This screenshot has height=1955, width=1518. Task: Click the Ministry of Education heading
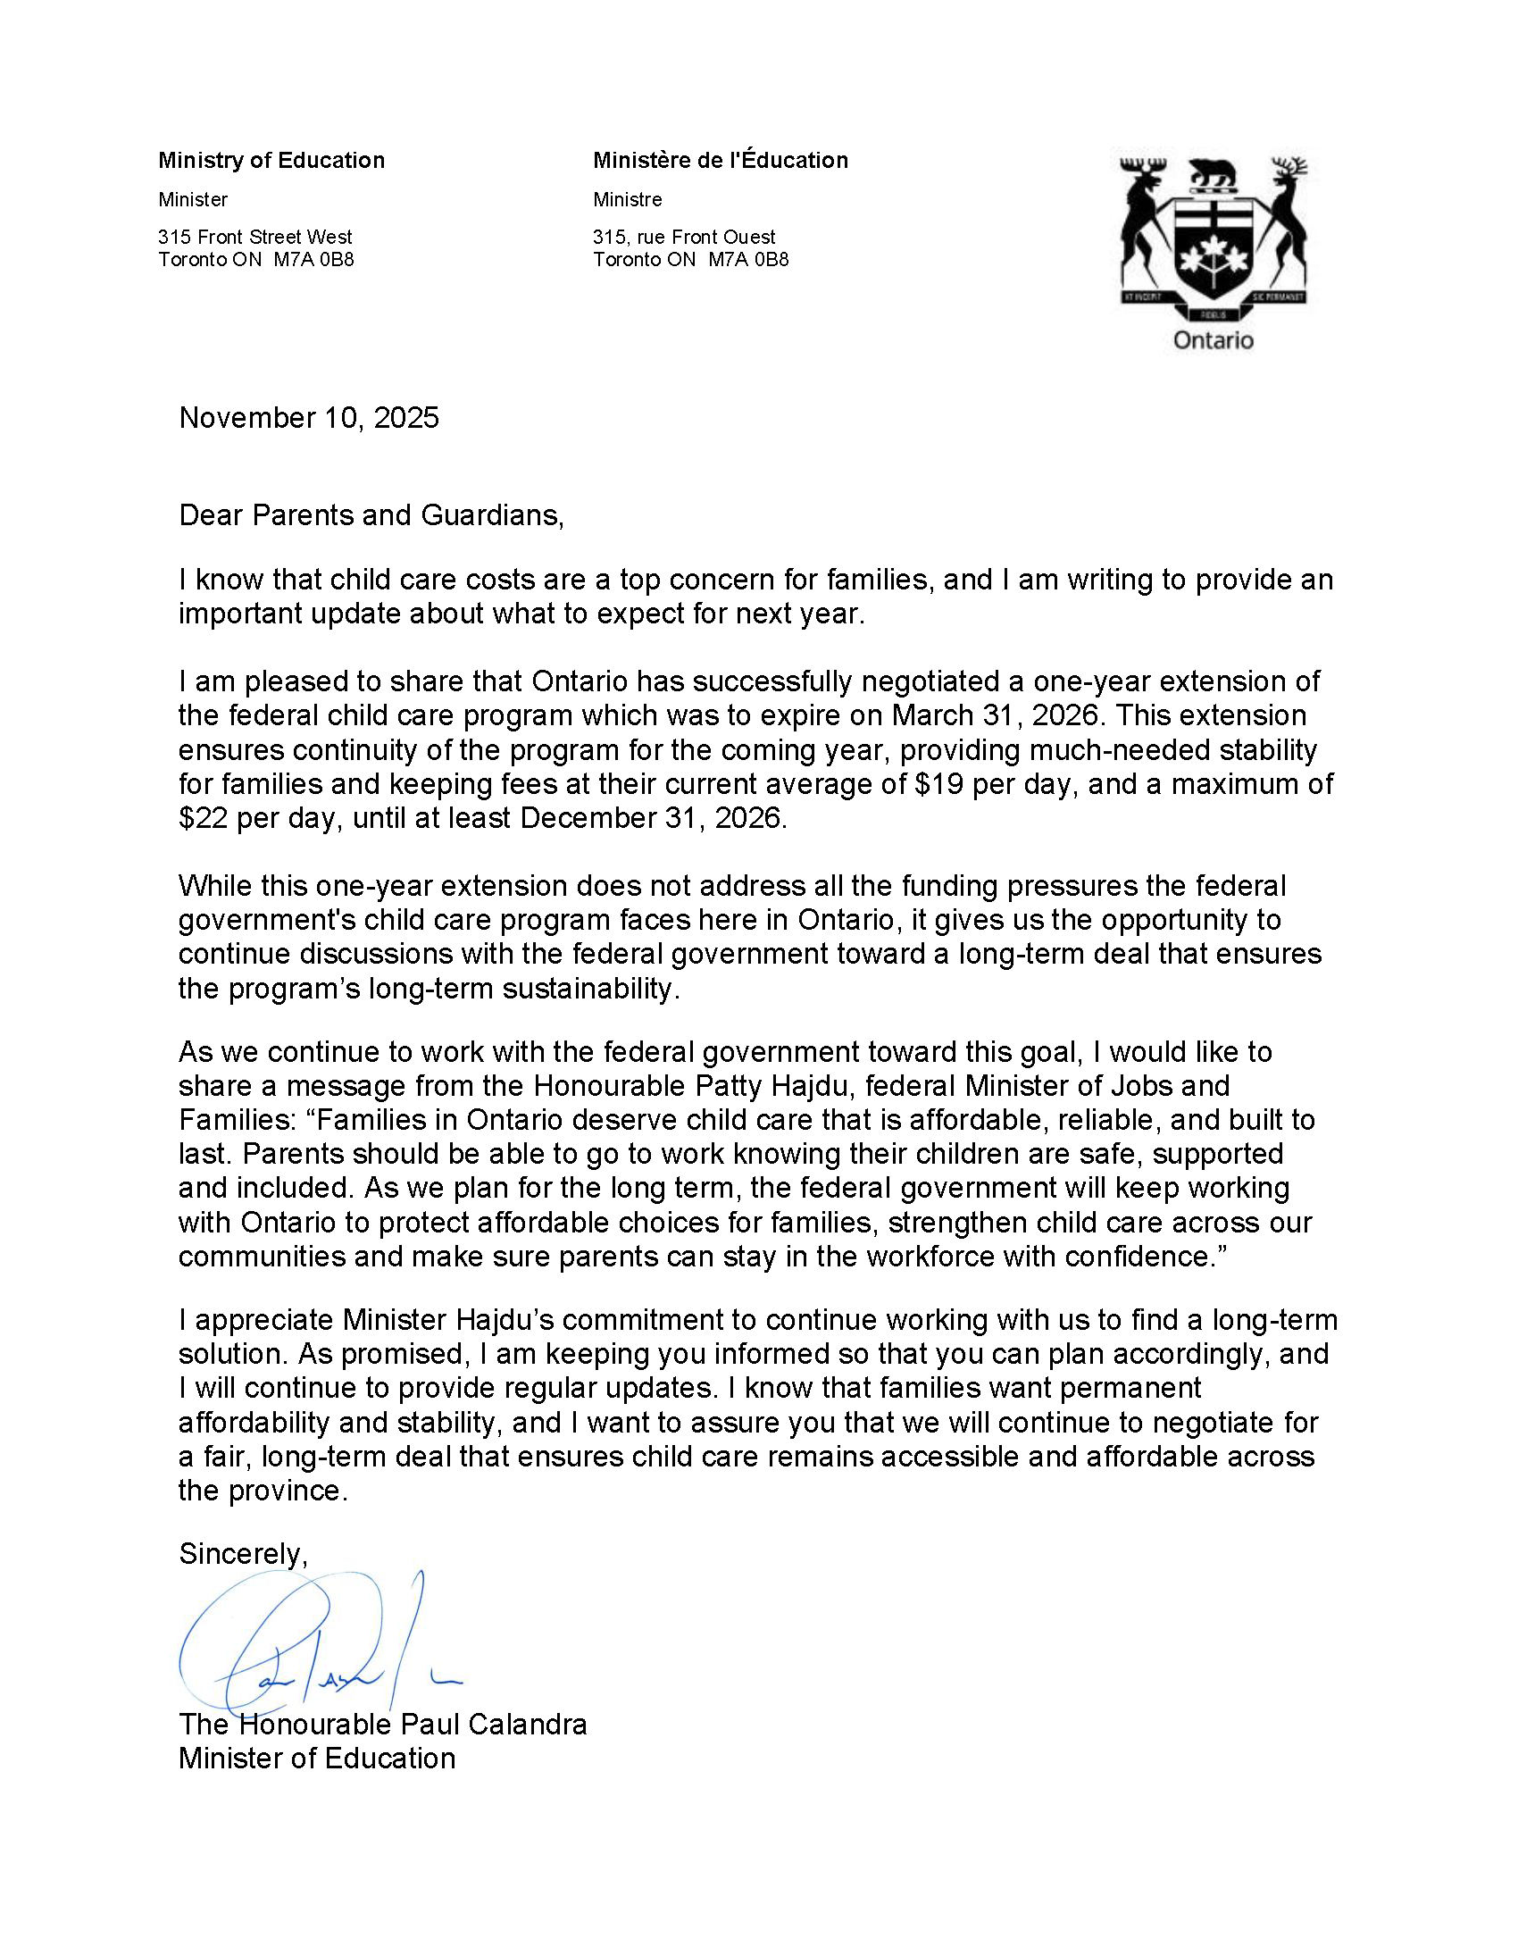click(271, 160)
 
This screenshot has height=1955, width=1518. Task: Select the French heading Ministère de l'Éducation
click(721, 160)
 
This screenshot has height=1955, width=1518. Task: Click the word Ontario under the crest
click(1213, 340)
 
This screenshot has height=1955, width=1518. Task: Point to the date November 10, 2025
click(309, 418)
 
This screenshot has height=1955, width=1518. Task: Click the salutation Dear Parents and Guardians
click(371, 515)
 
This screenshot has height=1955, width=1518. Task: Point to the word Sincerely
click(243, 1553)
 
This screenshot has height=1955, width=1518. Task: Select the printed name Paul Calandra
click(492, 1724)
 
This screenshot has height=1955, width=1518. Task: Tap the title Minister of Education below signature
click(317, 1758)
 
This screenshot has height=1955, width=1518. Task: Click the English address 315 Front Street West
click(255, 238)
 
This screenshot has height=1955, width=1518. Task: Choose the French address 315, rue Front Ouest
click(684, 238)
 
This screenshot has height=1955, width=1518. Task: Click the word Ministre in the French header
click(628, 200)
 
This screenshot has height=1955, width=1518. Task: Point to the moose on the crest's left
click(1142, 220)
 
